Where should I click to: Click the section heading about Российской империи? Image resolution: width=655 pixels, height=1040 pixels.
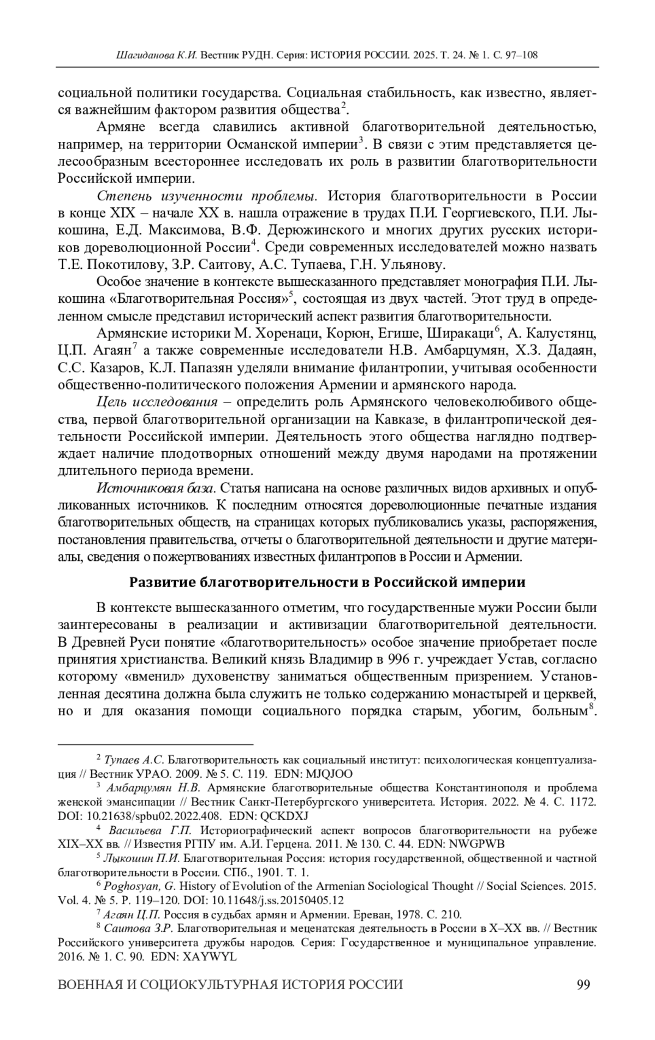(327, 582)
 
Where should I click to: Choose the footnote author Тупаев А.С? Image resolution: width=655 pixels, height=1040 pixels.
(134, 760)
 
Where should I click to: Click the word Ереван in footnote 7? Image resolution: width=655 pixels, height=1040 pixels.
(377, 915)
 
